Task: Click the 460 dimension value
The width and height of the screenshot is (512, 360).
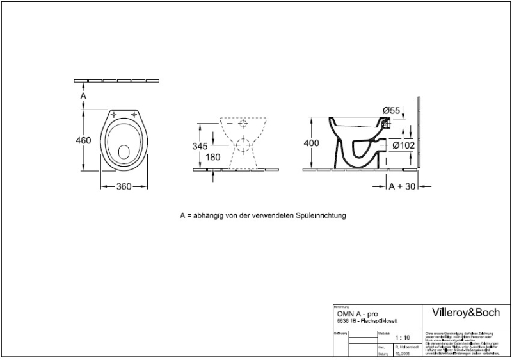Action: coord(83,140)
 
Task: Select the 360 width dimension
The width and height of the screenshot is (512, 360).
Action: coord(124,186)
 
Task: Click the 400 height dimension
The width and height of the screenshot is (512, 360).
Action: coord(312,143)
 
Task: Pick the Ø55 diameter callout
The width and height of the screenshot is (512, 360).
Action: coord(391,111)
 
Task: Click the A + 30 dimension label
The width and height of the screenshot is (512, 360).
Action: coord(402,186)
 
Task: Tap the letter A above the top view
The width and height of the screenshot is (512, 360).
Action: coord(83,95)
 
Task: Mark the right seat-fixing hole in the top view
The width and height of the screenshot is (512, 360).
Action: coord(136,115)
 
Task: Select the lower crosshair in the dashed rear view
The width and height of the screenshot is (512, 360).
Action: coord(243,145)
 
